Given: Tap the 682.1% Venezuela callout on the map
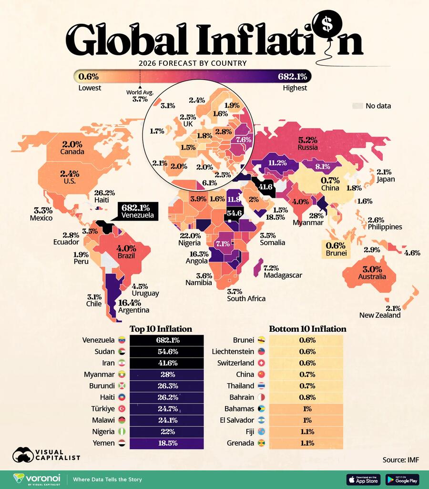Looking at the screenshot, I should [139, 211].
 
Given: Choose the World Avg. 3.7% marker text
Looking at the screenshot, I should [139, 96].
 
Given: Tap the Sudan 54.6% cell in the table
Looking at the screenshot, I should [166, 352].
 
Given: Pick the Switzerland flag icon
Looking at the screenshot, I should [261, 363].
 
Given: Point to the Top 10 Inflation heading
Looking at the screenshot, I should [161, 329].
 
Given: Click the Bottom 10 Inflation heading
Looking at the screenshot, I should [307, 329].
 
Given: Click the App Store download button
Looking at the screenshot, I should [363, 479].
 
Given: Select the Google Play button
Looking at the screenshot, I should [402, 479].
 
